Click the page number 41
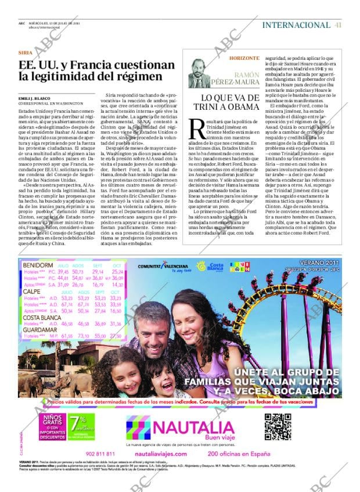(338, 25)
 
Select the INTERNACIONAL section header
(296, 25)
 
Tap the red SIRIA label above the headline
(26, 52)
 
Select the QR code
(278, 426)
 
